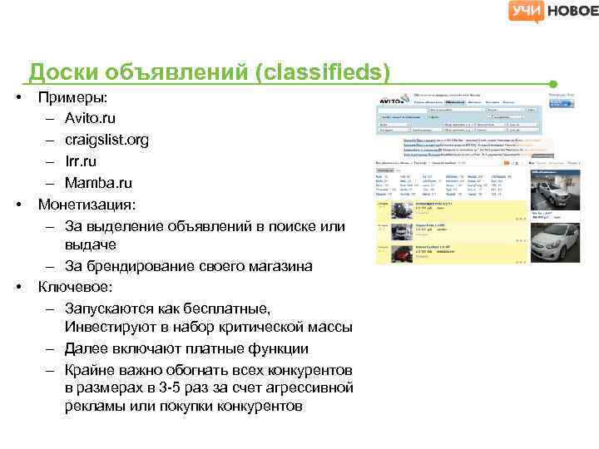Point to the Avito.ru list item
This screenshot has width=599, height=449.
tap(92, 119)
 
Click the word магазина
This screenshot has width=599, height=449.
tap(278, 266)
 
